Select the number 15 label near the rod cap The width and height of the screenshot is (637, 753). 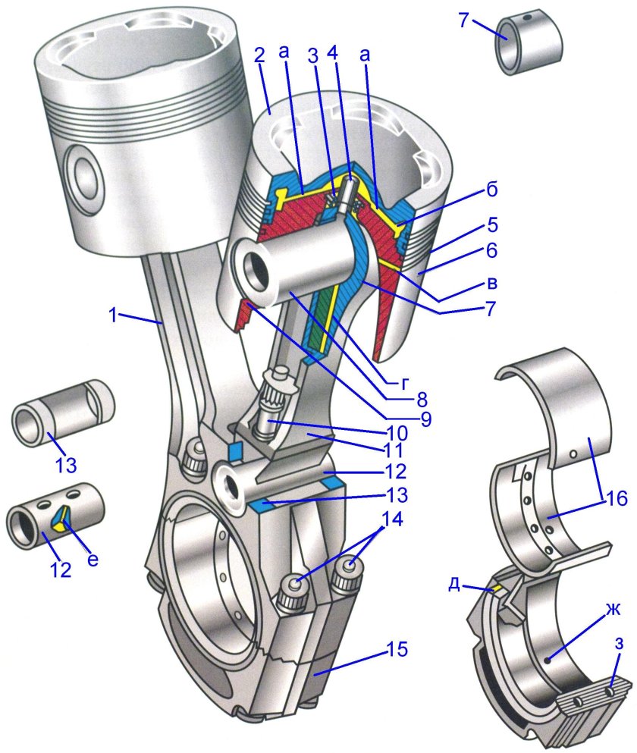[397, 649]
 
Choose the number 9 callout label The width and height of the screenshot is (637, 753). [425, 419]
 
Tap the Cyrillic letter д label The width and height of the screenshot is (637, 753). [454, 586]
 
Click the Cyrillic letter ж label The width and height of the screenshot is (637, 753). [613, 610]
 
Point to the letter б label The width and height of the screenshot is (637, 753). [491, 190]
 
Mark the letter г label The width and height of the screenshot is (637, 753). [406, 384]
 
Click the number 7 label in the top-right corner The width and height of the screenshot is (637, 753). [463, 20]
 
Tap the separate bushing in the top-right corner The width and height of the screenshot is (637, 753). [529, 42]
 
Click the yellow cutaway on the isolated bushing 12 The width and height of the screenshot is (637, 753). [60, 521]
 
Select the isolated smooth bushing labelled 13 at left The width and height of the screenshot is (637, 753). [63, 413]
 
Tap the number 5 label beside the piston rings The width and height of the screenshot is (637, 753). [491, 225]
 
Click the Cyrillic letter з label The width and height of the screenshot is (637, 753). [620, 644]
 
